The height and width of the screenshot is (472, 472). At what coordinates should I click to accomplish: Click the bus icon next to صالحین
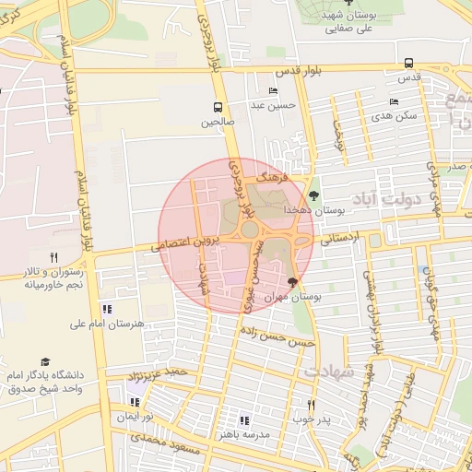218,106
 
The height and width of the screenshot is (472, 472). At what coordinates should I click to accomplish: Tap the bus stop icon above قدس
408,63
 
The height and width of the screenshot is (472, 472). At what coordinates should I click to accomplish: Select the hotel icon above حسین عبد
273,90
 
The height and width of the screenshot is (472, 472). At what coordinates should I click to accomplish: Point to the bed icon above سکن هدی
394,101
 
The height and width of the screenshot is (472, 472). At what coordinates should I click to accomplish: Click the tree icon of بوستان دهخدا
314,195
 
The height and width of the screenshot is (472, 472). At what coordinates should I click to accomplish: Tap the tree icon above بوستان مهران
293,282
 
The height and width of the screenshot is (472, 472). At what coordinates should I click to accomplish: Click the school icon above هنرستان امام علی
107,310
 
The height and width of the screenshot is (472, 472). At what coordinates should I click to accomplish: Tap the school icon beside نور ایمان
136,402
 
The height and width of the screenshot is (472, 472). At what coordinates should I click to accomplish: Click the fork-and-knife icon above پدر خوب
311,405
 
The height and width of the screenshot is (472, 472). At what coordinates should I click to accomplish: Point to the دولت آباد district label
385,198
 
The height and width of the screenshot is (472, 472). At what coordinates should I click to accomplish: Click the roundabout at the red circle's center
249,229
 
